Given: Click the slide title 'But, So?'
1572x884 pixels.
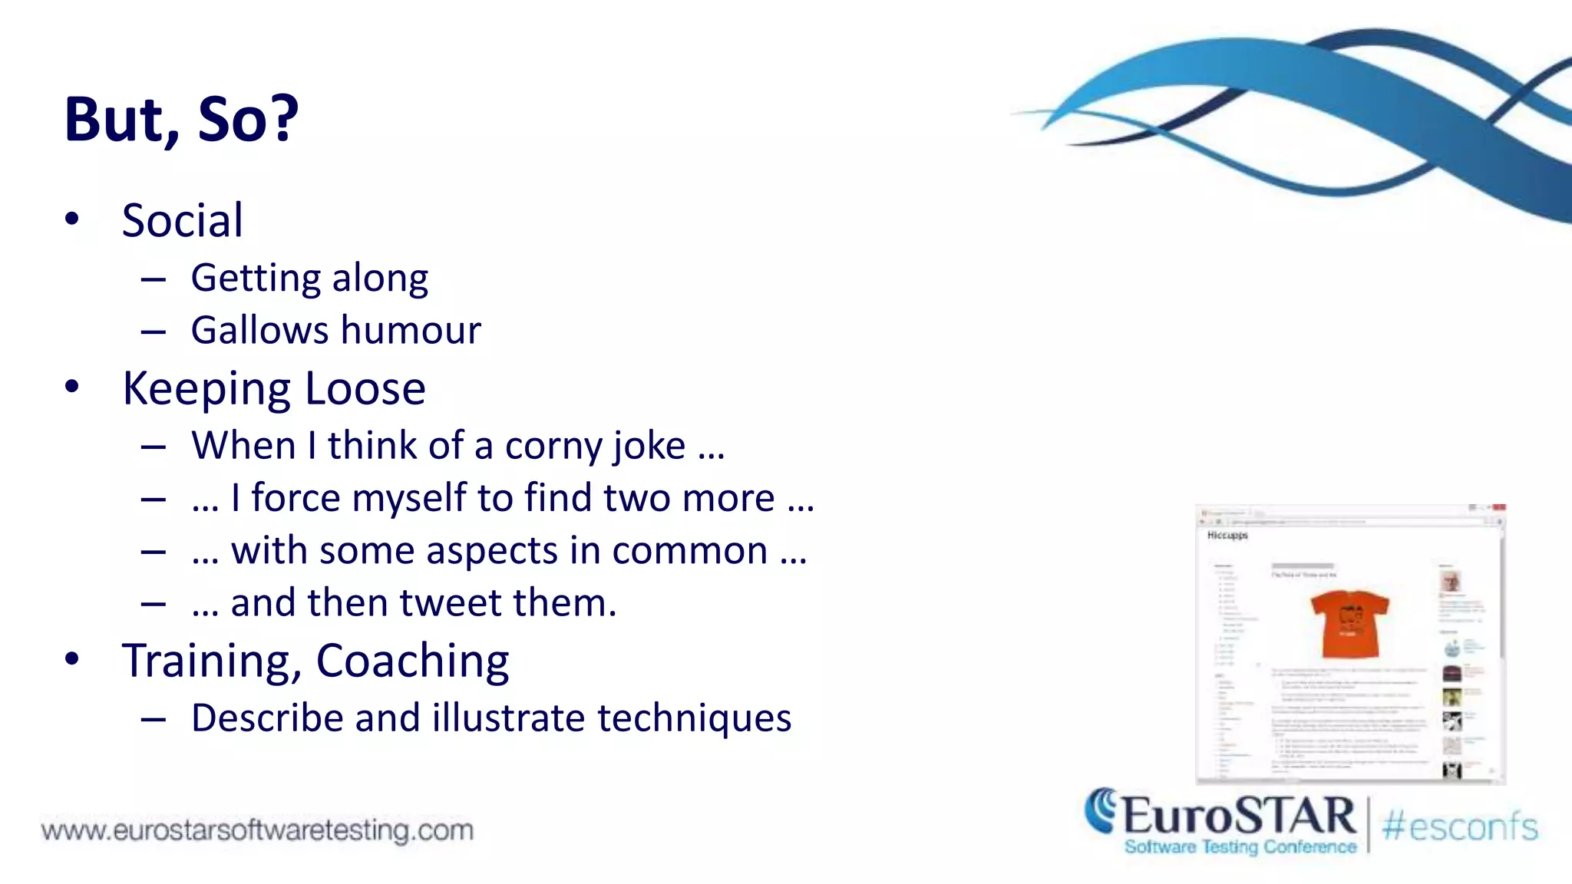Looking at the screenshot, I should click(181, 120).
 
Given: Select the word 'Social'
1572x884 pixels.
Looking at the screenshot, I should click(183, 221).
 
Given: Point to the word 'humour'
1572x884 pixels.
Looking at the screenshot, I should click(411, 331).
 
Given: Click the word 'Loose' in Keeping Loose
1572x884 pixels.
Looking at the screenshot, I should click(365, 389).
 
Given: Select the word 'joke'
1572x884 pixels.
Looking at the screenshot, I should click(649, 447).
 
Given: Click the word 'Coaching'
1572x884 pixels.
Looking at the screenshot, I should click(412, 661).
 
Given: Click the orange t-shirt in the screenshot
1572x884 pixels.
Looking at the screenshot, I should click(1349, 622).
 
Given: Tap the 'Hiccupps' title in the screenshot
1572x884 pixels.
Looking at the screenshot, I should click(1227, 535).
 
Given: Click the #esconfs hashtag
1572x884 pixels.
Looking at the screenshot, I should click(1460, 827).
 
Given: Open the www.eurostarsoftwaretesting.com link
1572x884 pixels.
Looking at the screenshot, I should click(257, 830).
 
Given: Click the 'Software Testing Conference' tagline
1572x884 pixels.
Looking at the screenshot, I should click(1240, 847).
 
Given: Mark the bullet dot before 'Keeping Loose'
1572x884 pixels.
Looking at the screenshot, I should click(72, 386).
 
